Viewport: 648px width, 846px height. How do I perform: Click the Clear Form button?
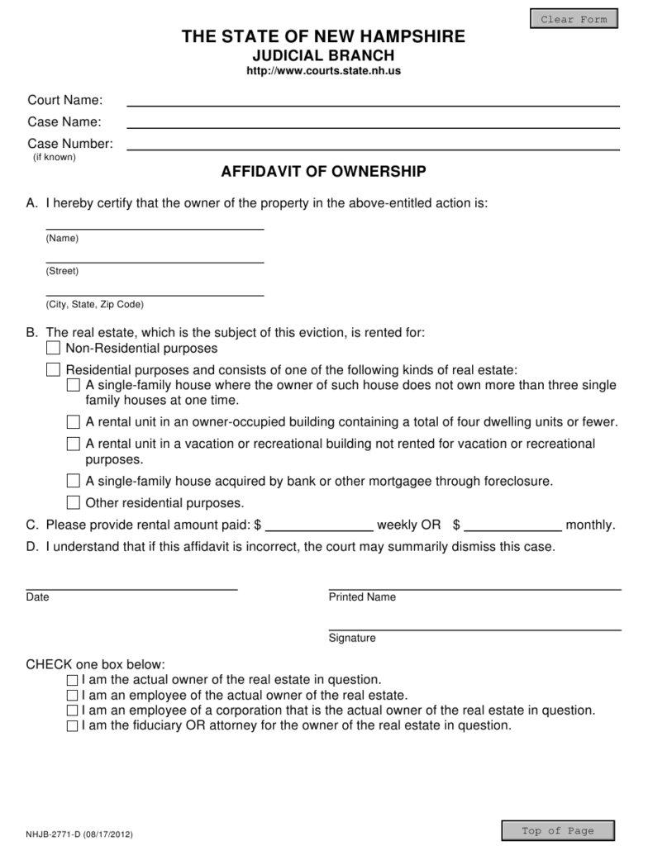(x=574, y=19)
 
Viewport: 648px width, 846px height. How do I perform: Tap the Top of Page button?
(x=558, y=830)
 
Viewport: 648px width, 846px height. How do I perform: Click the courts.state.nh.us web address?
(x=324, y=72)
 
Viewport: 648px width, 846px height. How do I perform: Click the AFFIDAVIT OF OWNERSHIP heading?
(x=324, y=172)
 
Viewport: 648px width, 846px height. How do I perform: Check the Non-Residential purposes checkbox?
(x=54, y=348)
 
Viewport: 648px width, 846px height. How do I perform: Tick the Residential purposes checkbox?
(x=54, y=369)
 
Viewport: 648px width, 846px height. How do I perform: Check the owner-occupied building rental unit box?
(x=74, y=422)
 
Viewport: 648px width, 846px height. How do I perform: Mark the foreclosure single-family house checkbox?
(x=74, y=481)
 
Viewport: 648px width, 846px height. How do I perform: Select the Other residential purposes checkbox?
(x=74, y=502)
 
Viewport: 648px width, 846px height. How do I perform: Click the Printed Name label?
(x=362, y=597)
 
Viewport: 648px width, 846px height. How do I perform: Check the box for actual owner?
(x=73, y=680)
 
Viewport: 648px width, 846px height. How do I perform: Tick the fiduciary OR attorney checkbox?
(x=73, y=726)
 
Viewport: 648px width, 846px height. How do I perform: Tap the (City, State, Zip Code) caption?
(x=94, y=304)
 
